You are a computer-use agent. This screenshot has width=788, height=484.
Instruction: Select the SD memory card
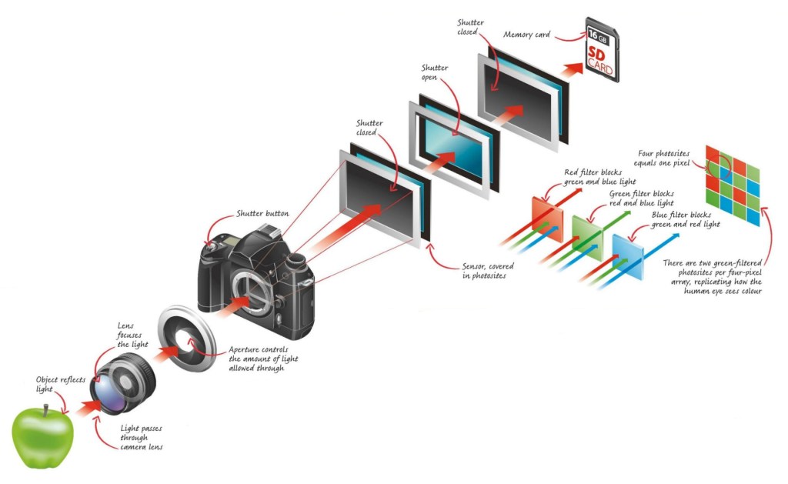pos(601,48)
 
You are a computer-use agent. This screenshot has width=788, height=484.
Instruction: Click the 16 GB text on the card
pos(597,34)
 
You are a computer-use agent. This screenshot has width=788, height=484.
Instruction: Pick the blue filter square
pos(626,251)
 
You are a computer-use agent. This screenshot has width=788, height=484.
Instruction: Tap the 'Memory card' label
pos(529,35)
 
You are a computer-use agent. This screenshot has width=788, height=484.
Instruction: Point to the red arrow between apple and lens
pos(85,416)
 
